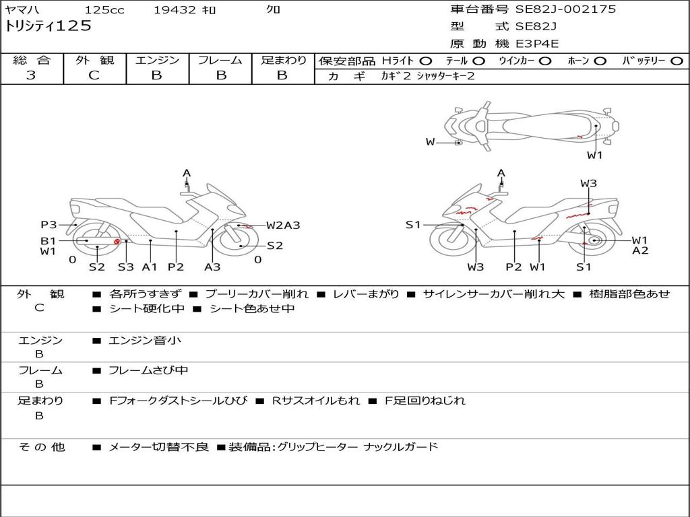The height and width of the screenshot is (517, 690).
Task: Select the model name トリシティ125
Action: pyautogui.click(x=48, y=26)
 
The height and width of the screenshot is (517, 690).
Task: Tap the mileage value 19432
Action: pyautogui.click(x=175, y=10)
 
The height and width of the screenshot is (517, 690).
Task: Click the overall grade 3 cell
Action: pyautogui.click(x=31, y=75)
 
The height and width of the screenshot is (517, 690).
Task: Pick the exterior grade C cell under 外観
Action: pyautogui.click(x=94, y=75)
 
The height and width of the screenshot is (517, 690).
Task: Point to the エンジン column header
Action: pyautogui.click(x=157, y=61)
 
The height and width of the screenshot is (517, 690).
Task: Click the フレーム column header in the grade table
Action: pyautogui.click(x=220, y=61)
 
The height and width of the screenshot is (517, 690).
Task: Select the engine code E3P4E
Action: pyautogui.click(x=538, y=44)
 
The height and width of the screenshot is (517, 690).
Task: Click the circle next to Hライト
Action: pyautogui.click(x=426, y=61)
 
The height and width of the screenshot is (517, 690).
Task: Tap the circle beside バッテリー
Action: pyautogui.click(x=677, y=61)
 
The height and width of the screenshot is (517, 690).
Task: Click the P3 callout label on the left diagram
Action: pyautogui.click(x=49, y=225)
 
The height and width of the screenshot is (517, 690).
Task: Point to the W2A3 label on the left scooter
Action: pyautogui.click(x=282, y=226)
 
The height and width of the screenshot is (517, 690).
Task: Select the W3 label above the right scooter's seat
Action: pyautogui.click(x=588, y=183)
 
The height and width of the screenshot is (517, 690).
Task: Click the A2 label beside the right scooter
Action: pyautogui.click(x=640, y=251)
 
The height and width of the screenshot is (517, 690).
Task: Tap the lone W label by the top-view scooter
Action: pyautogui.click(x=431, y=141)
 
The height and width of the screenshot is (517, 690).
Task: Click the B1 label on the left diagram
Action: pyautogui.click(x=48, y=240)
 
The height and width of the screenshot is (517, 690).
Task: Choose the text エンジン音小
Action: pyautogui.click(x=145, y=341)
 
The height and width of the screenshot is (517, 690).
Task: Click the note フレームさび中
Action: pyautogui.click(x=148, y=370)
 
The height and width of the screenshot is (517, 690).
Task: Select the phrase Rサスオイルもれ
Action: pyautogui.click(x=315, y=401)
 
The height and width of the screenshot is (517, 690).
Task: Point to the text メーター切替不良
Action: pyautogui.click(x=158, y=446)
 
